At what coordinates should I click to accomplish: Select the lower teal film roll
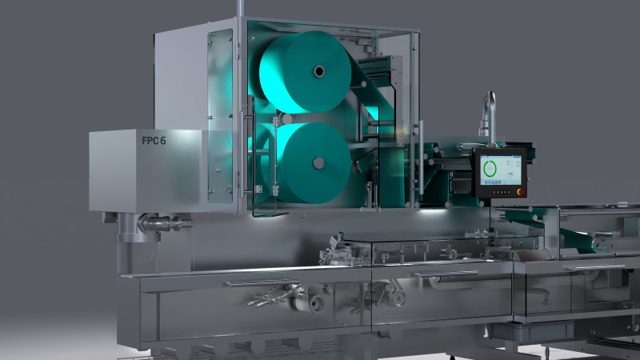point(312,163)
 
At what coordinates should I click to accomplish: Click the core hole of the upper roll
point(318,71)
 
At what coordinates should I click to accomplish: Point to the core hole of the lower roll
point(318,163)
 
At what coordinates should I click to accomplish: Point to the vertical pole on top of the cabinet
point(240,10)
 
